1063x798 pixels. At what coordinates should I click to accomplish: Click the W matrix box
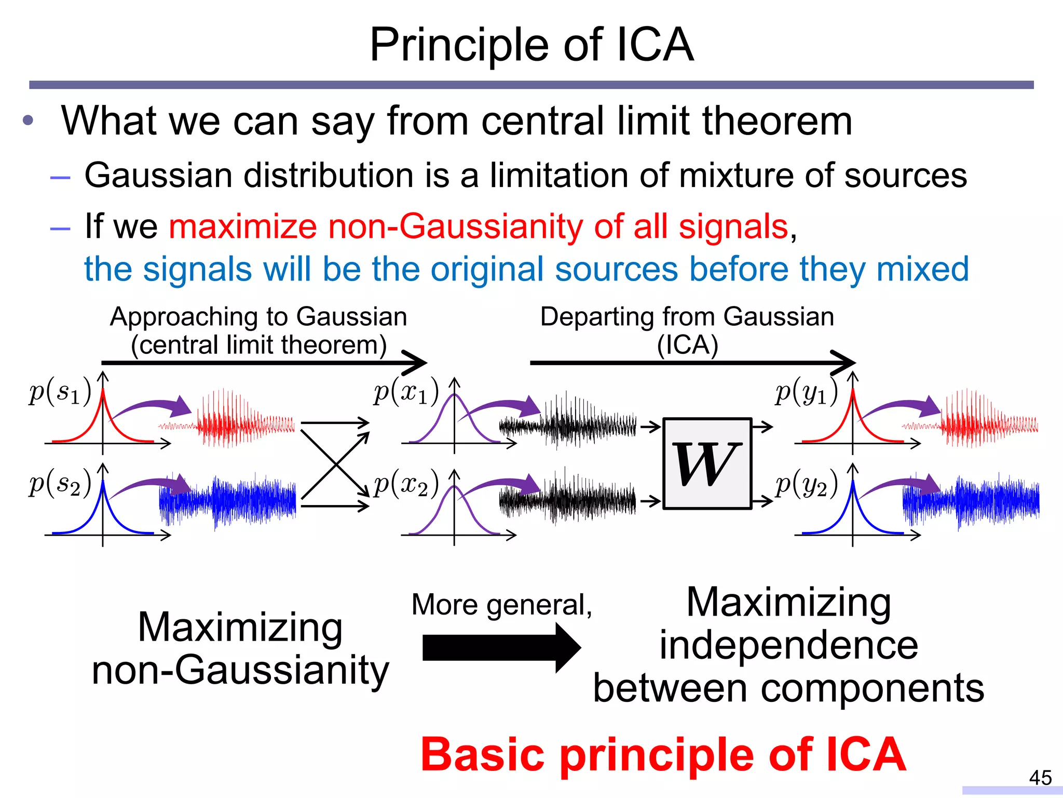click(707, 463)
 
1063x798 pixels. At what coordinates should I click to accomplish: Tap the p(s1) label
click(60, 392)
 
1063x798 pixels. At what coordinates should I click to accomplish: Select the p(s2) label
click(60, 483)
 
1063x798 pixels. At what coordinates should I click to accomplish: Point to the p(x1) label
click(406, 392)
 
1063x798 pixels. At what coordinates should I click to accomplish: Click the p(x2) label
click(406, 483)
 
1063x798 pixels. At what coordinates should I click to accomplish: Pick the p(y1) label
click(806, 392)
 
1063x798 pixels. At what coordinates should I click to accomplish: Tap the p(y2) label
click(806, 483)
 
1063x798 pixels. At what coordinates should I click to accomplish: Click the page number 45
click(1040, 778)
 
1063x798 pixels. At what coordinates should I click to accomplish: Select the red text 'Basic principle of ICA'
click(663, 754)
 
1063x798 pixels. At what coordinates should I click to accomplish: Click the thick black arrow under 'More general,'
click(501, 648)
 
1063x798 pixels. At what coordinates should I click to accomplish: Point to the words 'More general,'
click(501, 605)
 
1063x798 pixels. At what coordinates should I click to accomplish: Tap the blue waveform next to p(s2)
click(228, 501)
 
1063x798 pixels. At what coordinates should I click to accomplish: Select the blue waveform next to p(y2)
click(971, 501)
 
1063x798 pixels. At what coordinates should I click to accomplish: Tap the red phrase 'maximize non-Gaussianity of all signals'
click(478, 227)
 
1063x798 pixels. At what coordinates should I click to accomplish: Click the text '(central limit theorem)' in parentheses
click(258, 345)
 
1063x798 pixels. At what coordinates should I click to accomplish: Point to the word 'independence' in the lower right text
click(788, 646)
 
